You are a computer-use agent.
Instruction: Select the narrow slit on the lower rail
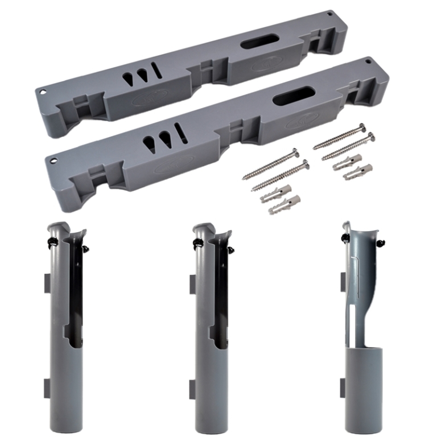[x=181, y=131]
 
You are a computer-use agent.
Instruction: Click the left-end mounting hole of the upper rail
[x=42, y=90]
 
